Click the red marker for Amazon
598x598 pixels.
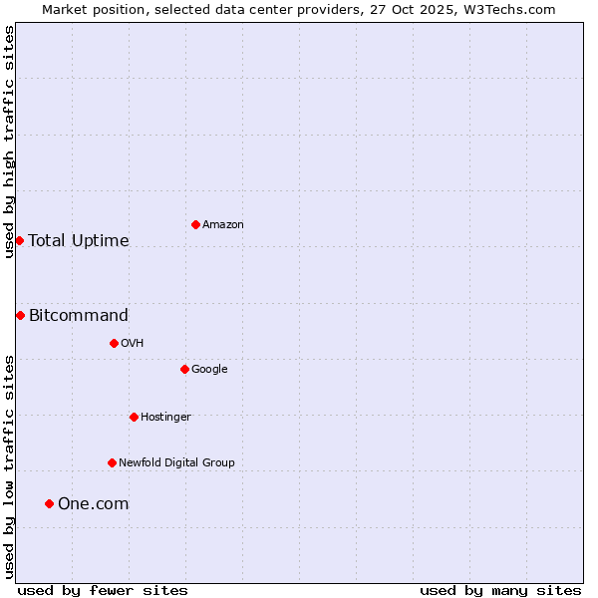[195, 224]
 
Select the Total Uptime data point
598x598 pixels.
[19, 240]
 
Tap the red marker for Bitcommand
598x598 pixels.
[20, 315]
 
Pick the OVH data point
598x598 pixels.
[114, 343]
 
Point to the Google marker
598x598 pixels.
[184, 369]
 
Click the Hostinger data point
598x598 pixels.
[134, 417]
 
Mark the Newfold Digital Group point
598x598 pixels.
[112, 462]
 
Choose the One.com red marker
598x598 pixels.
[49, 503]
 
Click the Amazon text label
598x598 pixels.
[223, 225]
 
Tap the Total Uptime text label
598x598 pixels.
[79, 241]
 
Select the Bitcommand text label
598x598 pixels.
[79, 316]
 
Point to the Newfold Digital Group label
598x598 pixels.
[176, 462]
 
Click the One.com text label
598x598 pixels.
[94, 504]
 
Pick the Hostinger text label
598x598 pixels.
[165, 417]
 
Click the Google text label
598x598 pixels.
[209, 369]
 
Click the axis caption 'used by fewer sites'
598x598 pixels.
[103, 591]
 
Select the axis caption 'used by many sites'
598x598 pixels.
[500, 591]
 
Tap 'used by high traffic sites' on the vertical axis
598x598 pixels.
[9, 142]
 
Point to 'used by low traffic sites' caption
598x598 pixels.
[9, 465]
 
